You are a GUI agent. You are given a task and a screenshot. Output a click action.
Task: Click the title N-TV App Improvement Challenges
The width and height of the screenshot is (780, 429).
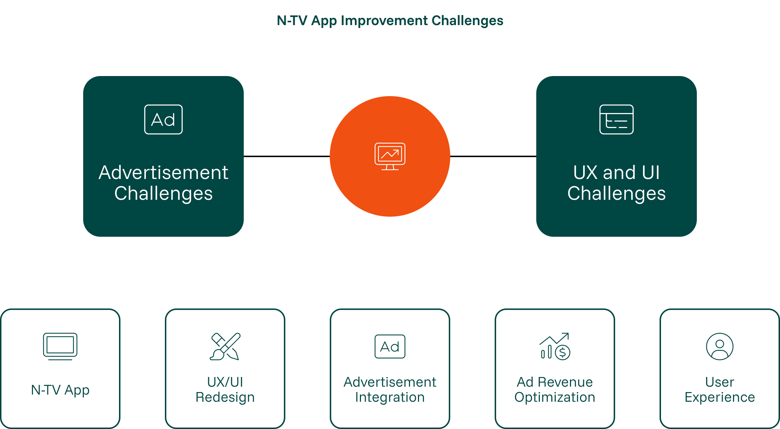click(390, 21)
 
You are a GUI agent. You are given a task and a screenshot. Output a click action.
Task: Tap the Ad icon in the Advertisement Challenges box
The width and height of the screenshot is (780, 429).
click(163, 119)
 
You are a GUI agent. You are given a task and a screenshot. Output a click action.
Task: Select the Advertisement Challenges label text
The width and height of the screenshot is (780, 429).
click(163, 183)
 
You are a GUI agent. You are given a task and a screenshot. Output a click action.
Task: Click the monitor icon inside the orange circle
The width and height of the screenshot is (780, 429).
click(390, 156)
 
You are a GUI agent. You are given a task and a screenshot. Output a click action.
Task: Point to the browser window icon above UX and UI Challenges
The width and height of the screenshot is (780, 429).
click(616, 119)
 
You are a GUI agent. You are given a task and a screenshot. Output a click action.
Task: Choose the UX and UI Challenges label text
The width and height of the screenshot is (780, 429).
click(616, 183)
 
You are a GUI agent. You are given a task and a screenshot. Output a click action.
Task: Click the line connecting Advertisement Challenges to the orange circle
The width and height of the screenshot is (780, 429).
click(287, 156)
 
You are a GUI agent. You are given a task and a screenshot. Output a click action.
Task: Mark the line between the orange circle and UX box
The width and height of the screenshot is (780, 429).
click(493, 156)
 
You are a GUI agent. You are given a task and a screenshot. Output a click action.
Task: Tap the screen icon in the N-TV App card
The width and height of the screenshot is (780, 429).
click(60, 346)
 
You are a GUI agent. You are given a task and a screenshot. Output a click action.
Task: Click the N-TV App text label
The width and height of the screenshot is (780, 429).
click(60, 390)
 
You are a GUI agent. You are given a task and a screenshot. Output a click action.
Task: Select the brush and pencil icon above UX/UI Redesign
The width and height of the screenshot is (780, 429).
click(225, 346)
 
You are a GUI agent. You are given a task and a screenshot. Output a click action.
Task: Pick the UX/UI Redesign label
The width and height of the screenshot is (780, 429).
click(225, 390)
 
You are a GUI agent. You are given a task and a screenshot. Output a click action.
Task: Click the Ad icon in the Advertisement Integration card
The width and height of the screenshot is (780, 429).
click(390, 346)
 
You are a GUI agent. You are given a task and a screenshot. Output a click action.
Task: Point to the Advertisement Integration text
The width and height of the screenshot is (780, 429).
click(390, 390)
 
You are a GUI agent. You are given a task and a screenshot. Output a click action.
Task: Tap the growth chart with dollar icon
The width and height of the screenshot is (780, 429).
click(555, 346)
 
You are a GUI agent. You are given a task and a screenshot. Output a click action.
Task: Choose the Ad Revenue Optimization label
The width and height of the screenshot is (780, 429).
click(555, 390)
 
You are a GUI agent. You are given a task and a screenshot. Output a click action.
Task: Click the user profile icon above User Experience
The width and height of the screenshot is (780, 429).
click(720, 346)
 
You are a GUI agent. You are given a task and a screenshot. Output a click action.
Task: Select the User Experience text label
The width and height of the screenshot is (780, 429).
click(720, 390)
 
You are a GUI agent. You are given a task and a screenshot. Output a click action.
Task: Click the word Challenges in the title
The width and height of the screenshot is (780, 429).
click(467, 21)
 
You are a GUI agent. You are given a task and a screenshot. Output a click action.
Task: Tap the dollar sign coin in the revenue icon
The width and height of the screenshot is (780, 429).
click(563, 353)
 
